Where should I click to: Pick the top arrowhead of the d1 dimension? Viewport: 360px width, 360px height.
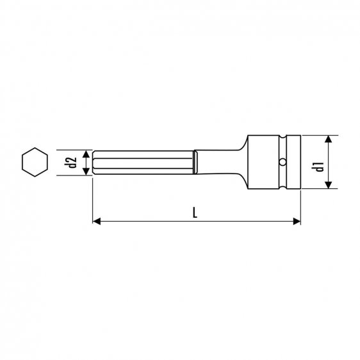[x=327, y=140]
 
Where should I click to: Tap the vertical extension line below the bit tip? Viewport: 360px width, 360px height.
[x=94, y=199]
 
